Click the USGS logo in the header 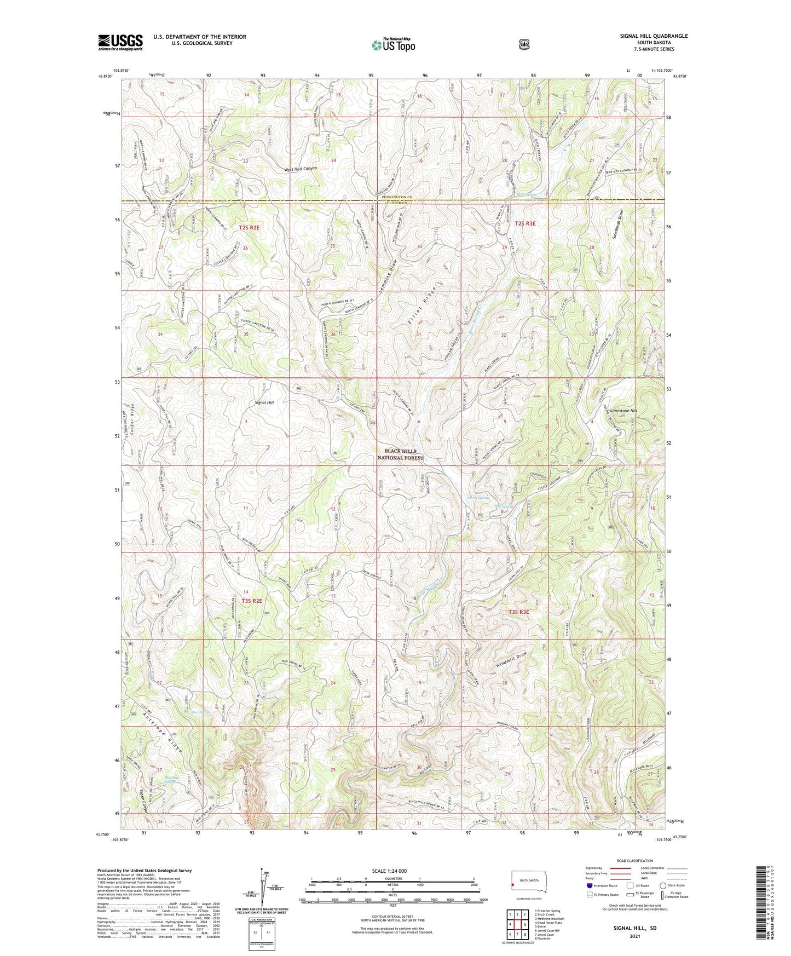(x=120, y=42)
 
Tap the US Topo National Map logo (x=392, y=44)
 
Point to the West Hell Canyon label (x=301, y=169)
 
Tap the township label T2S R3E (x=525, y=223)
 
